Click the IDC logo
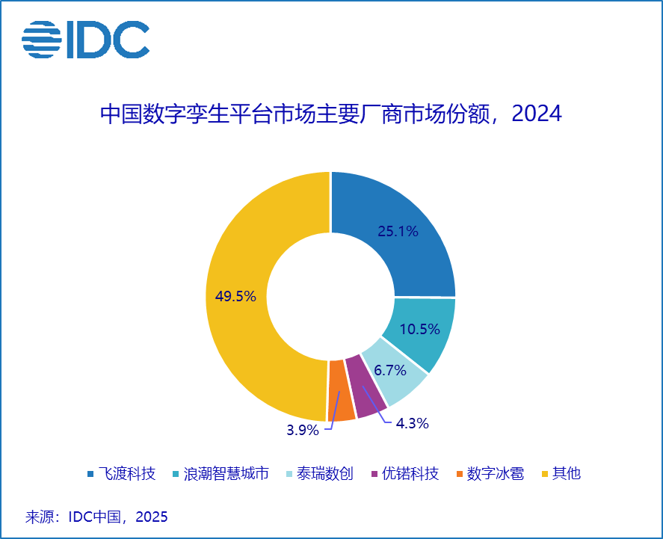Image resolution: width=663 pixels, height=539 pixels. (x=85, y=39)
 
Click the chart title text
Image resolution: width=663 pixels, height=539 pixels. (x=330, y=114)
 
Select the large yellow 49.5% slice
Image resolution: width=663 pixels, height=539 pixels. (x=247, y=299)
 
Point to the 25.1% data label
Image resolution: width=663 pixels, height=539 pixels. (x=398, y=232)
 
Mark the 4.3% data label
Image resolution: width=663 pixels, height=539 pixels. (x=412, y=424)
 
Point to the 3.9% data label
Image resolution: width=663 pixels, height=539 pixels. (x=303, y=430)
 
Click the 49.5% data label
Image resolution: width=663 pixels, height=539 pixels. (x=235, y=297)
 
